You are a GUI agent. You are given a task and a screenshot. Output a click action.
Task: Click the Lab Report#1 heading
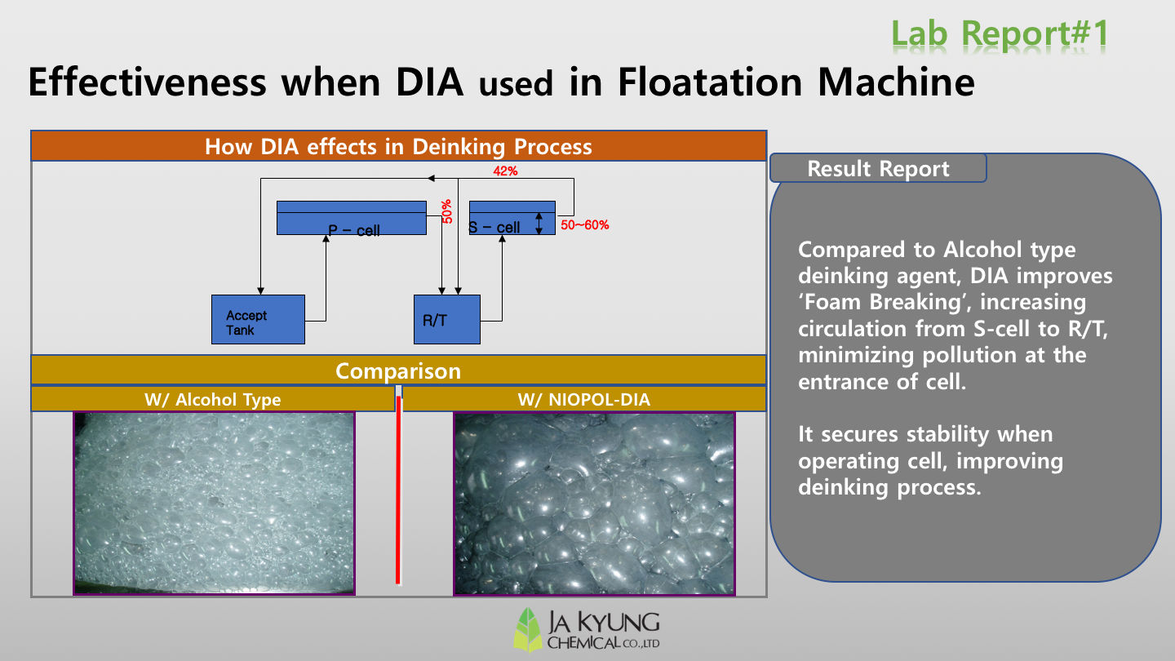[1000, 33]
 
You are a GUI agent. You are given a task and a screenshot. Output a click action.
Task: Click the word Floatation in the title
[710, 82]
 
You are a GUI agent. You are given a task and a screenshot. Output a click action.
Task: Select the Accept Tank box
[258, 320]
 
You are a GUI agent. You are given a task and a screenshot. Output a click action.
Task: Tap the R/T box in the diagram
[447, 320]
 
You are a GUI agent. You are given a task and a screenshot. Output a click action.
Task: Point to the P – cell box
[352, 218]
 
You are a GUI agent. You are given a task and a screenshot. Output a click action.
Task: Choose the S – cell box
[512, 218]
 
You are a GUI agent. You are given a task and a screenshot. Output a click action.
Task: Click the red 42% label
[505, 171]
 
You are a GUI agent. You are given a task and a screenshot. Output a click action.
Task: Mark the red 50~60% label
[585, 225]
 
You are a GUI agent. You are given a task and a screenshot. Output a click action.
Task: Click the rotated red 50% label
[447, 211]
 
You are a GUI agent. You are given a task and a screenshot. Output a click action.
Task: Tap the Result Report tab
[878, 168]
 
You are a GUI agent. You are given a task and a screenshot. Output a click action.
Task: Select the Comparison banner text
[398, 370]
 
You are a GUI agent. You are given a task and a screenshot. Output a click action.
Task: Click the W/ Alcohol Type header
[213, 400]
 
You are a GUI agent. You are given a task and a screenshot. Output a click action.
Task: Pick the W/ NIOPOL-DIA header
[584, 400]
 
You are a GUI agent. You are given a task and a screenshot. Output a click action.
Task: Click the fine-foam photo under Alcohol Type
[214, 504]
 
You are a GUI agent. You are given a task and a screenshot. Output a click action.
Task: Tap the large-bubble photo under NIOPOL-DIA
[594, 504]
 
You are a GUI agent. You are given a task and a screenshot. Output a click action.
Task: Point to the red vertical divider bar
[399, 490]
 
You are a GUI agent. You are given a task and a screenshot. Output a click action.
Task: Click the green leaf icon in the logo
[528, 629]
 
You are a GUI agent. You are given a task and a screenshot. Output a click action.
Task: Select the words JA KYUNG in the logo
[603, 623]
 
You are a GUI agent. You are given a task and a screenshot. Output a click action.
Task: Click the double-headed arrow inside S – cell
[539, 224]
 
